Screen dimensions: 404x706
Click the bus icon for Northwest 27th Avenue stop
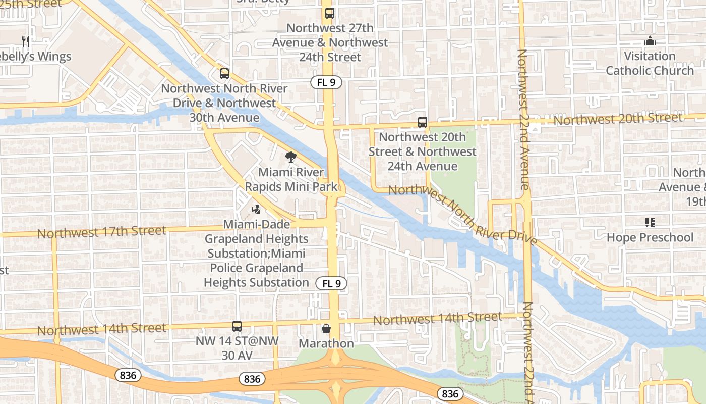(x=330, y=13)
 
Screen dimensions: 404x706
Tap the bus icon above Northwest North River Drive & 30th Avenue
(x=224, y=74)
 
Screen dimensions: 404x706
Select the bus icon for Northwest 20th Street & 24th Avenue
(x=423, y=122)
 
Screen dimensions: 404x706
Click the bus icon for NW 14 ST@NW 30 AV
(x=237, y=326)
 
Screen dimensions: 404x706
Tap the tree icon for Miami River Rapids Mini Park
(x=290, y=157)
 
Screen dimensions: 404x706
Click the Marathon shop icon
(x=326, y=329)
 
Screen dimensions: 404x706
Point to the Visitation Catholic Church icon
(x=650, y=41)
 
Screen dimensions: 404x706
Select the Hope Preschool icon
(x=650, y=223)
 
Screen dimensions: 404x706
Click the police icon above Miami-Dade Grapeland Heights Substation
(x=256, y=209)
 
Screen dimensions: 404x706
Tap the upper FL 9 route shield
(x=327, y=82)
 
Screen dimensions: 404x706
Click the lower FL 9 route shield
(x=332, y=283)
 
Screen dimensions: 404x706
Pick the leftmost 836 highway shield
(x=128, y=375)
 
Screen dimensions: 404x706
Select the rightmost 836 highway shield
(x=450, y=394)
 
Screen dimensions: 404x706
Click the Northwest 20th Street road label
(x=618, y=119)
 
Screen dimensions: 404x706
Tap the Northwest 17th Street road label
(x=101, y=232)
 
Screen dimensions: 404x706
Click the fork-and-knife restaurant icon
(x=26, y=41)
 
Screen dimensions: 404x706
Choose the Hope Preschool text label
(x=650, y=237)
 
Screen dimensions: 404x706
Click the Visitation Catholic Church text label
(x=650, y=63)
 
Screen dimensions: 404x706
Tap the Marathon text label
(x=326, y=343)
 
